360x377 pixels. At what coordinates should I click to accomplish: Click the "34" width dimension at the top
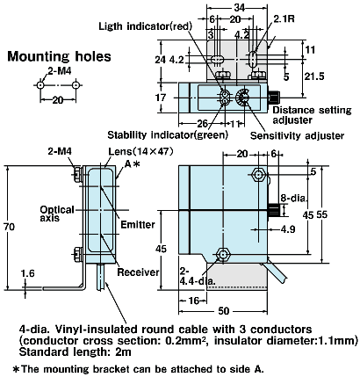coord(216,8)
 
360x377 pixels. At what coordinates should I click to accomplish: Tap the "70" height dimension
coord(10,226)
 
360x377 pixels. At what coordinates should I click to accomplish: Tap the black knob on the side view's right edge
coord(273,209)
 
